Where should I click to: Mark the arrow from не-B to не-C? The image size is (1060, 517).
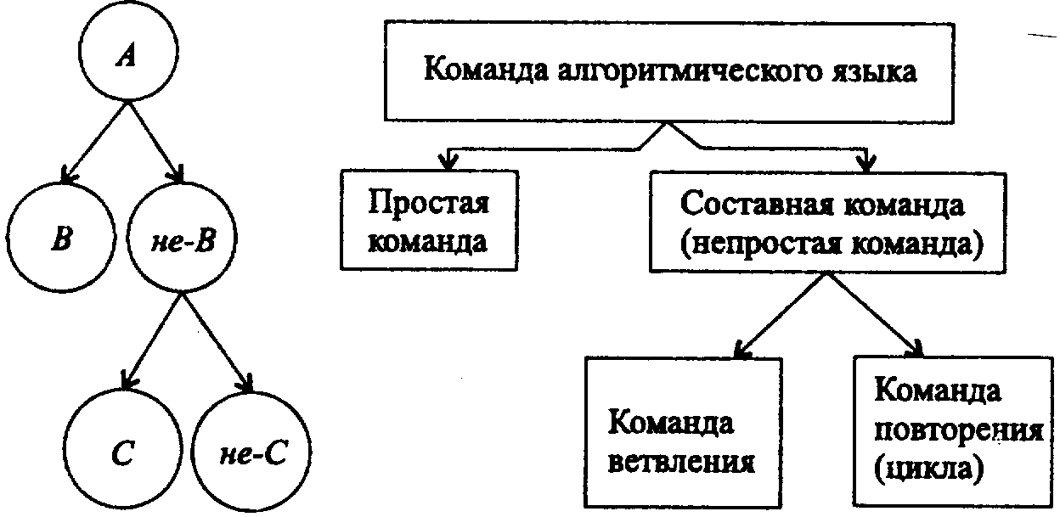click(216, 340)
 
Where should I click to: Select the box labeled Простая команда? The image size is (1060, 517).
click(429, 220)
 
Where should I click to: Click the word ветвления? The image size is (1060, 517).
click(682, 464)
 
